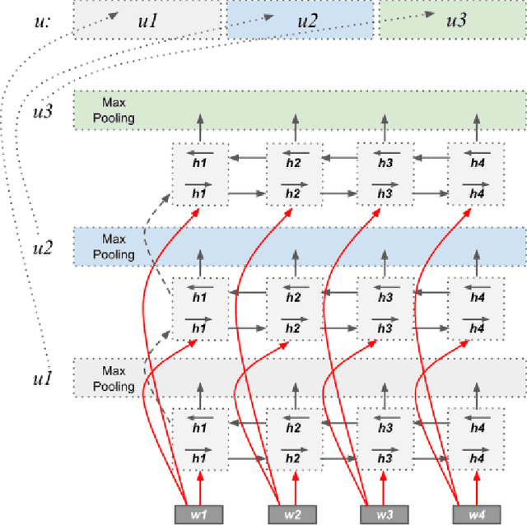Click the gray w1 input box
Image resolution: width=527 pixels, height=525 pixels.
click(198, 513)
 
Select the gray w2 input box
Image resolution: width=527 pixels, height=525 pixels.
click(292, 513)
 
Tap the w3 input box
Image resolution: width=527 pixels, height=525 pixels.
click(385, 513)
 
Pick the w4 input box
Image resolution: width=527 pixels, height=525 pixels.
click(476, 513)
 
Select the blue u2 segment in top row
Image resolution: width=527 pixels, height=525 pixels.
click(300, 19)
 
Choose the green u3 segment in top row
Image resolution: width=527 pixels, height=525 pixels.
click(450, 19)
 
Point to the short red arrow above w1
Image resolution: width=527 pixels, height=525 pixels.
click(198, 485)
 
